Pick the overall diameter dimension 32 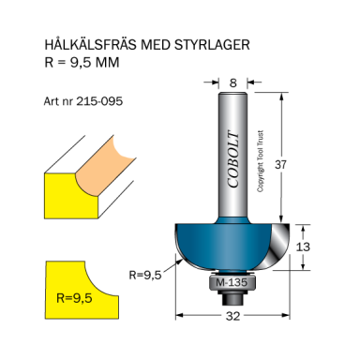[x=232, y=316]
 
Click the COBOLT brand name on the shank [x=233, y=159]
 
